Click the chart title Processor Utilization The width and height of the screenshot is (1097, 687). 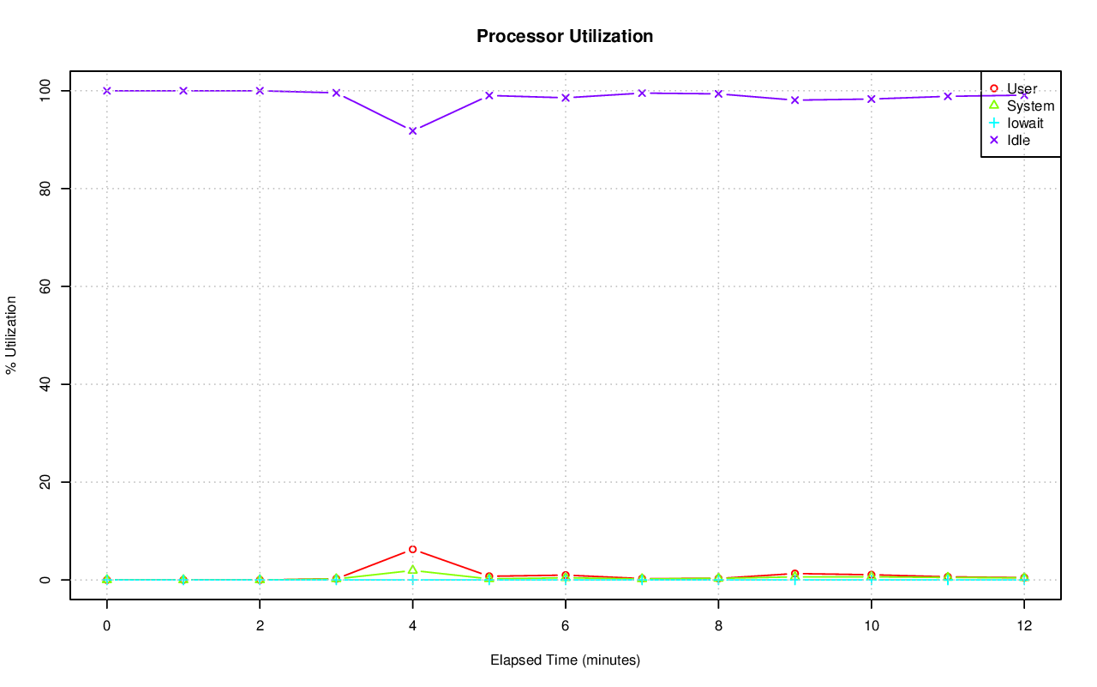tap(565, 36)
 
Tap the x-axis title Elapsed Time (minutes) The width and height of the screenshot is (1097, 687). tap(565, 660)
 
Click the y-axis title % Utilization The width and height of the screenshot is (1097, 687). tap(12, 334)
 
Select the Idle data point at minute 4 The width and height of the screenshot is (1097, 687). tap(412, 130)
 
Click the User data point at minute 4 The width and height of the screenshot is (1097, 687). tap(412, 549)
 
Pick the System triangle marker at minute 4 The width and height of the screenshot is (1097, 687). tap(412, 569)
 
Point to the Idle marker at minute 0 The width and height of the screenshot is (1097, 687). tap(106, 90)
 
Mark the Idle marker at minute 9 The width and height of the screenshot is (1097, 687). tap(794, 100)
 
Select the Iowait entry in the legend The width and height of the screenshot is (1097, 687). tap(1025, 123)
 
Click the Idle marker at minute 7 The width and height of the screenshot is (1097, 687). tap(641, 93)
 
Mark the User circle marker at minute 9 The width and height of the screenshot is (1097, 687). tap(794, 573)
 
